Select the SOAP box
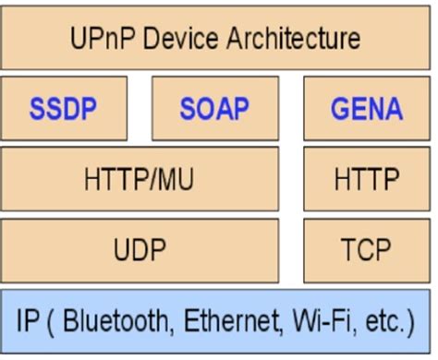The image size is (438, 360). click(214, 109)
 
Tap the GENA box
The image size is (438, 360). click(367, 109)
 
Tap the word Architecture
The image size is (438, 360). click(295, 39)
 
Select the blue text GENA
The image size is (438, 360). click(367, 109)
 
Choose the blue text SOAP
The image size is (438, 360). click(214, 109)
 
